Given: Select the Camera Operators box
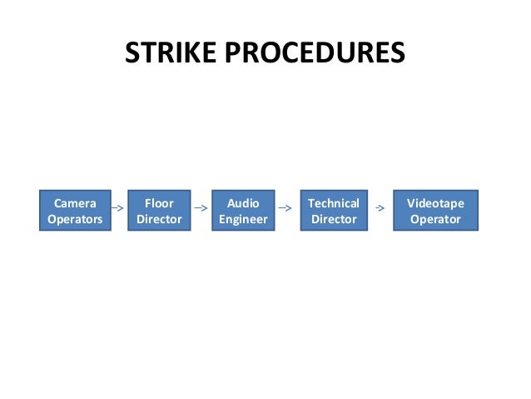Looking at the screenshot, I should tap(75, 211).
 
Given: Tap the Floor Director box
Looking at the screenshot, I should tap(159, 211).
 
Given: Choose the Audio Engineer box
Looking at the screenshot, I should tap(243, 211).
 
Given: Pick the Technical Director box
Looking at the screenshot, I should tap(333, 211).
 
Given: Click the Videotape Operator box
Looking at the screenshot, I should tap(435, 211).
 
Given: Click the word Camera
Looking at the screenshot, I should tap(75, 203).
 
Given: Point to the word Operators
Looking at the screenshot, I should tap(75, 220).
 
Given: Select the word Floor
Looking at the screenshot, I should tap(159, 203).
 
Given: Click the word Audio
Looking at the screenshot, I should tap(243, 203).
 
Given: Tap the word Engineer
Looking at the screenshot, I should tap(243, 220).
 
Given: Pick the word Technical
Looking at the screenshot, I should tap(333, 203).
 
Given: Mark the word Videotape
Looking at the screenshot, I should tap(435, 203).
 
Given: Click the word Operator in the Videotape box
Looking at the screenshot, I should tap(435, 220).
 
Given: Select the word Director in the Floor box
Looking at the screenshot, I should tap(159, 220).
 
